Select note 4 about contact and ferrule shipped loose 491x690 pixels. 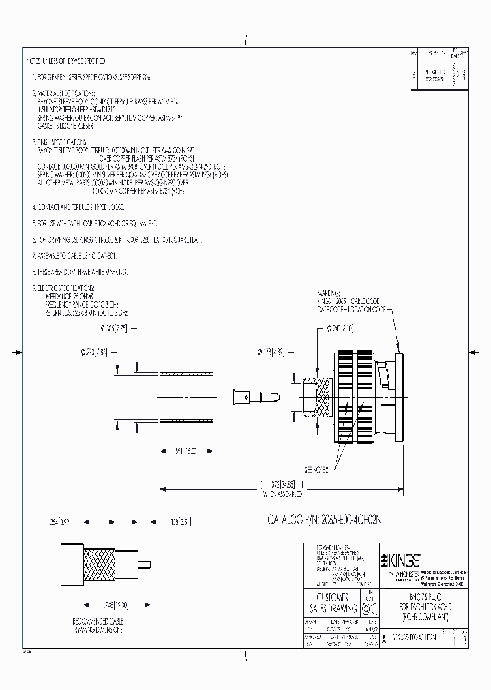coord(87,206)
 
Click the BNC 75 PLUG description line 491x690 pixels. coord(419,595)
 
